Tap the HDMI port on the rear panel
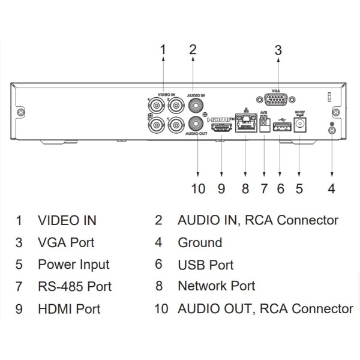pos(222,127)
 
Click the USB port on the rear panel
pos(281,126)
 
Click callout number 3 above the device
pos(278,50)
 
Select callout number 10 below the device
pos(198,189)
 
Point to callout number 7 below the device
pos(263,189)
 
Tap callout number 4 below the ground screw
pos(331,189)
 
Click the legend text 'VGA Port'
pos(65,243)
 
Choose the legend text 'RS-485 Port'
pos(74,287)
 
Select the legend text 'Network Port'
pos(216,286)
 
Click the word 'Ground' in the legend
pos(200,243)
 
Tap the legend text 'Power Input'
pos(73,265)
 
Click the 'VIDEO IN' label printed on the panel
pos(166,95)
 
